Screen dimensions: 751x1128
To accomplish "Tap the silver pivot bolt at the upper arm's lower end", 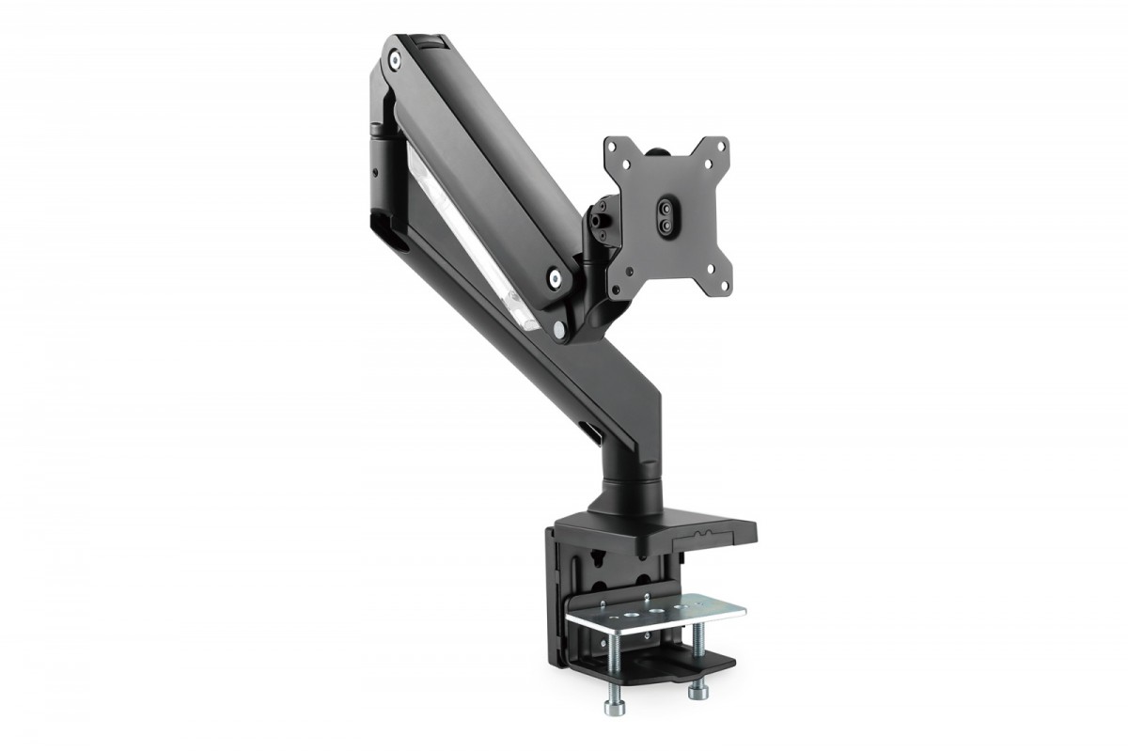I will coord(555,277).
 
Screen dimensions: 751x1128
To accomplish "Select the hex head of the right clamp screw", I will coord(697,691).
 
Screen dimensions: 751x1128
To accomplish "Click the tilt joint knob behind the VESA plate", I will coord(599,217).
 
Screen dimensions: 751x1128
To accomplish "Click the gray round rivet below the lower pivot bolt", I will coord(560,330).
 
